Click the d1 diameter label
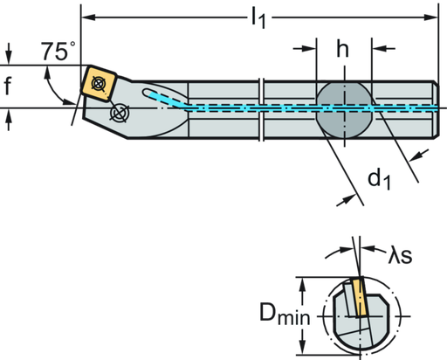378,181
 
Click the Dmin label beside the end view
287,315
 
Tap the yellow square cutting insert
98,81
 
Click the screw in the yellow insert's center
99,82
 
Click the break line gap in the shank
260,108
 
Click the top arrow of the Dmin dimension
302,281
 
